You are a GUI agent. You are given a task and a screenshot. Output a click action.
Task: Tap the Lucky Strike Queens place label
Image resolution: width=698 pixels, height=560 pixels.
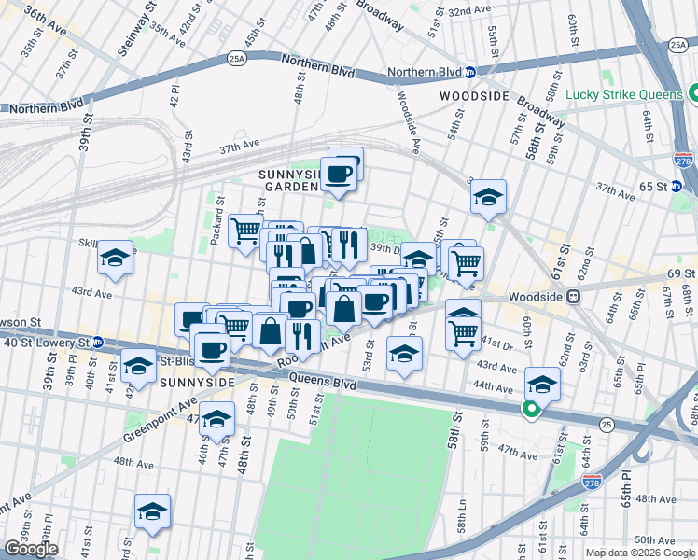click(x=623, y=94)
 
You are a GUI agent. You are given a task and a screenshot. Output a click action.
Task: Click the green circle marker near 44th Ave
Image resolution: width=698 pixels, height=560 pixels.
click(x=531, y=410)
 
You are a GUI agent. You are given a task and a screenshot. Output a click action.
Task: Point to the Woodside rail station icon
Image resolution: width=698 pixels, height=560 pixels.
click(x=574, y=298)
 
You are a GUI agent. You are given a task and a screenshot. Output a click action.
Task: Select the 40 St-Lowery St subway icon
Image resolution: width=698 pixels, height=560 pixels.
click(x=96, y=343)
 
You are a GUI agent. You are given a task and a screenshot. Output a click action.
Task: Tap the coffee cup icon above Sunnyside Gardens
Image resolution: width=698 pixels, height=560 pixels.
click(x=338, y=173)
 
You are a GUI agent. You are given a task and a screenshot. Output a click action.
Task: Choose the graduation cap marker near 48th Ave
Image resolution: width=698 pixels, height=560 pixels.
click(x=152, y=511)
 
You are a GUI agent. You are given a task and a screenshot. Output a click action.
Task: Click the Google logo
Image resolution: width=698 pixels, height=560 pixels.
click(x=32, y=549)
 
